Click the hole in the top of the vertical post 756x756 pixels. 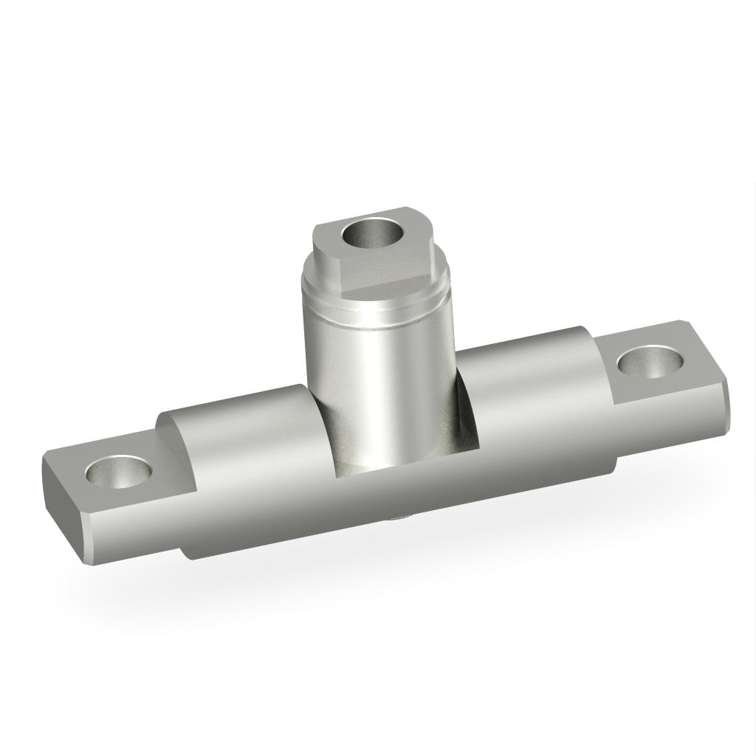click(374, 234)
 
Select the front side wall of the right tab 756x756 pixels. click(664, 421)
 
